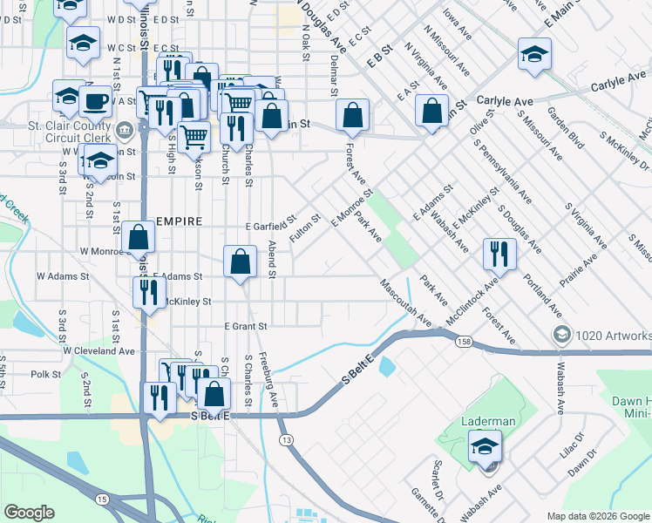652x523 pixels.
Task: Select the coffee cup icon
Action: [x=95, y=102]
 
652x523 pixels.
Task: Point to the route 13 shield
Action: [x=285, y=442]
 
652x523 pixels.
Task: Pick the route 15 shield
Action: [x=103, y=499]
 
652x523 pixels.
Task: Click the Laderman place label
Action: [x=487, y=421]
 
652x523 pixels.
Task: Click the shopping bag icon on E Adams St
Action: [x=240, y=261]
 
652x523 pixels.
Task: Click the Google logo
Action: [x=30, y=513]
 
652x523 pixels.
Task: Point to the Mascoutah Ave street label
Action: [x=405, y=302]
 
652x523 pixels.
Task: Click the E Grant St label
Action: [x=244, y=326]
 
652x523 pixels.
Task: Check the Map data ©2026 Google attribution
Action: [x=597, y=516]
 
